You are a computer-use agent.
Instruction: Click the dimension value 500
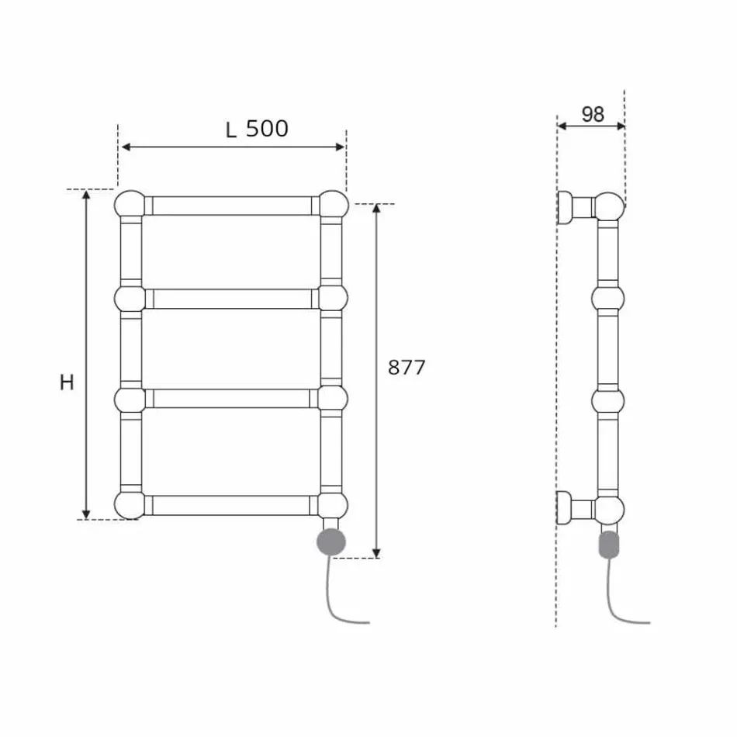click(267, 128)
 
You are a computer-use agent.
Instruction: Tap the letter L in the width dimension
click(231, 129)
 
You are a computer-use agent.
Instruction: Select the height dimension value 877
click(407, 368)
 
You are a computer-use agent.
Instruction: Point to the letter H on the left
click(67, 382)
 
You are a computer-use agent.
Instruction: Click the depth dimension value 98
click(592, 114)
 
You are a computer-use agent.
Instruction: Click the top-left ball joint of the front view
click(130, 204)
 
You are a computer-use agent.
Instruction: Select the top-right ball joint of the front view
click(334, 204)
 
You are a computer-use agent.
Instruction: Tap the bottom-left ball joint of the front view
click(130, 504)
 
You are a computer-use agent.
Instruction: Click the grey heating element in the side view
click(610, 544)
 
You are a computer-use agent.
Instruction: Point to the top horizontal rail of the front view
click(231, 206)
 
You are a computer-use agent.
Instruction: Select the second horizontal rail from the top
click(231, 299)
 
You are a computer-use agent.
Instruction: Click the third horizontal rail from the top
click(231, 399)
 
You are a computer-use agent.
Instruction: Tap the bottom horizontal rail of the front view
click(231, 505)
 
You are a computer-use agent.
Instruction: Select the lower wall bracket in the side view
click(576, 508)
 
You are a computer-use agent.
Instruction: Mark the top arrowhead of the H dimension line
click(87, 194)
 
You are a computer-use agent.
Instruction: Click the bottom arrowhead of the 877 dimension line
click(377, 552)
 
